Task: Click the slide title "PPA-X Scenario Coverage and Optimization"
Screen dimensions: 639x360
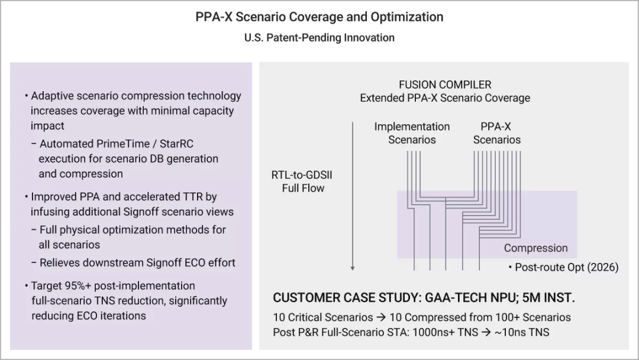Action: [319, 17]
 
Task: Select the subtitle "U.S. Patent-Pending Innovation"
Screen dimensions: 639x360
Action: [319, 37]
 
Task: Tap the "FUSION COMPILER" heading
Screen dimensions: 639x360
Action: [445, 85]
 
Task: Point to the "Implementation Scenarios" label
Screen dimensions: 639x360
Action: [412, 133]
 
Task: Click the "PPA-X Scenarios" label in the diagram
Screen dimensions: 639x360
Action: [496, 133]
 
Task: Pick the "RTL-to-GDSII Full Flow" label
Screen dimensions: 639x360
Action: [302, 181]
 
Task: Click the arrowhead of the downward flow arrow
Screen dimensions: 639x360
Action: [353, 268]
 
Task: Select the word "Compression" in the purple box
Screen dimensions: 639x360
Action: [536, 248]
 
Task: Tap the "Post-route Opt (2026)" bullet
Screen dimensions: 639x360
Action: [564, 268]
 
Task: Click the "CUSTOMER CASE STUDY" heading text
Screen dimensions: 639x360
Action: [346, 298]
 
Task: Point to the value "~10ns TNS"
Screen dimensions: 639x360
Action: [522, 332]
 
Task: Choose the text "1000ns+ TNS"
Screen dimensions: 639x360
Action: [445, 332]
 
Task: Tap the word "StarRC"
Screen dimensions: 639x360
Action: [176, 144]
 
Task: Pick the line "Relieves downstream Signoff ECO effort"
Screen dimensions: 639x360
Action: [137, 262]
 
